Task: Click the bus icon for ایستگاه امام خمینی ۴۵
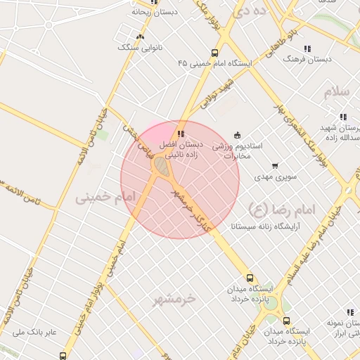coord(214,53)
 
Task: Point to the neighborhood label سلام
coord(337,92)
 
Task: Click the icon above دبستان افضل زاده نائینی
coord(181,134)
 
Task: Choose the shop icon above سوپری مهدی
coord(274,167)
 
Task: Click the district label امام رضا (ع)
coord(282,209)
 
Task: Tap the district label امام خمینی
coord(104,199)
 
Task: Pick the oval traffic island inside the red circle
coord(162,167)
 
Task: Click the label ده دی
coord(250,11)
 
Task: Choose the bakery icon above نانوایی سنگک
coord(141,37)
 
